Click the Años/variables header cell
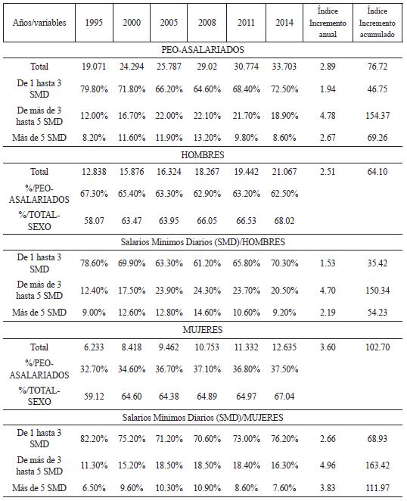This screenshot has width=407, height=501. coord(40,23)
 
